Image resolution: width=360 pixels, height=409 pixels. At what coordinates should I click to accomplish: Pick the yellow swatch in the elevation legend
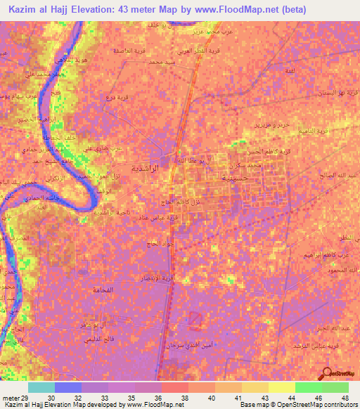click(282, 387)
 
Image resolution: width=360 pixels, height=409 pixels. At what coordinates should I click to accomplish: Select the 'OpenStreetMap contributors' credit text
click(319, 405)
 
